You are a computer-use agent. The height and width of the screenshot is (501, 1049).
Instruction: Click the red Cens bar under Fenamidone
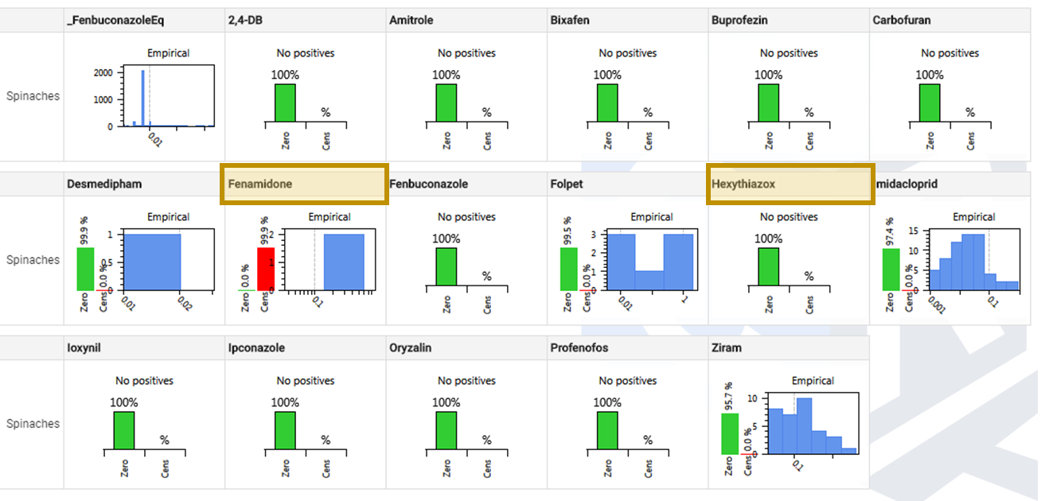pos(266,269)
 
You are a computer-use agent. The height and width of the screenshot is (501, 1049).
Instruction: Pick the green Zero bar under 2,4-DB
pos(285,103)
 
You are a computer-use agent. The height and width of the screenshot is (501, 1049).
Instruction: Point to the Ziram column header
pos(725,348)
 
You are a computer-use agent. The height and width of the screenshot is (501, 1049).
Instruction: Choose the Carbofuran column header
pos(901,20)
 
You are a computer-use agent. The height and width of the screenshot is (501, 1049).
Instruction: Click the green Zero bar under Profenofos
pos(607,430)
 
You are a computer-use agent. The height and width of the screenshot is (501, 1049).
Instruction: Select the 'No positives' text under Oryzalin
pos(466,381)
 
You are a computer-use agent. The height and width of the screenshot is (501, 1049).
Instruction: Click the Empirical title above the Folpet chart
pos(652,217)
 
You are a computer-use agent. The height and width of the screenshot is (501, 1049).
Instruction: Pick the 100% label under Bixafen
pos(607,75)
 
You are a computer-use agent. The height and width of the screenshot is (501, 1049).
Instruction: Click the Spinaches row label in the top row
pos(33,96)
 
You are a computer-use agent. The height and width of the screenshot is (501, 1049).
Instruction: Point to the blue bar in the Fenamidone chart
pos(344,262)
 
